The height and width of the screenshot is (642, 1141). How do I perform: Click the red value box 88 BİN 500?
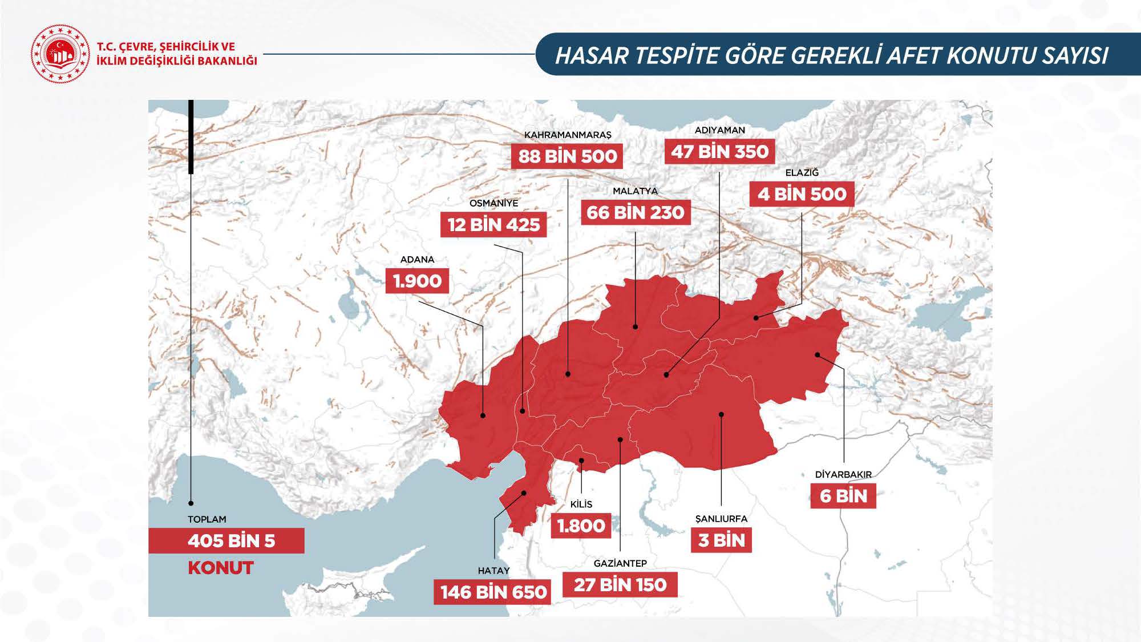[568, 156]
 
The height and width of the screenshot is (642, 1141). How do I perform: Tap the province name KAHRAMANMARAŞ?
[568, 135]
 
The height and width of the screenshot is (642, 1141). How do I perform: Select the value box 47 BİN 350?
[720, 152]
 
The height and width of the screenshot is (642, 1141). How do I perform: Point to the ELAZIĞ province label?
[802, 172]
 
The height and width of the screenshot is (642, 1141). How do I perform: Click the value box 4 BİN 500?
[802, 194]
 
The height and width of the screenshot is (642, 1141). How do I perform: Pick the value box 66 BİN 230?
[635, 213]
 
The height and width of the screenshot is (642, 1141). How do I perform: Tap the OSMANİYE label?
[493, 203]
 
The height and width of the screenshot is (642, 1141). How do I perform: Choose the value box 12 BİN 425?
[493, 225]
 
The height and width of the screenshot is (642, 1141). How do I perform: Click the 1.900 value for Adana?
[417, 281]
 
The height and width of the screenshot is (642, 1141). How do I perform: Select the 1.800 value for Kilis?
[581, 526]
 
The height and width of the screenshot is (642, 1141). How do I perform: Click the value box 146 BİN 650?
[493, 592]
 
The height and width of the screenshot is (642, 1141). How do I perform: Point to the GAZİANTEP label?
[620, 563]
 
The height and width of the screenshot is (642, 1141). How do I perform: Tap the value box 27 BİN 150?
[620, 585]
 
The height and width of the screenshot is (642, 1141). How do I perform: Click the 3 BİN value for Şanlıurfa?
[722, 540]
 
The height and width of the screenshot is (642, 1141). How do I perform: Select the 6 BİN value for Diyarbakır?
[843, 496]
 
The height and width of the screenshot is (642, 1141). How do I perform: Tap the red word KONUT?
[220, 568]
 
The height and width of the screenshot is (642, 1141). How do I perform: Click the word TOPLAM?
[207, 519]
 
